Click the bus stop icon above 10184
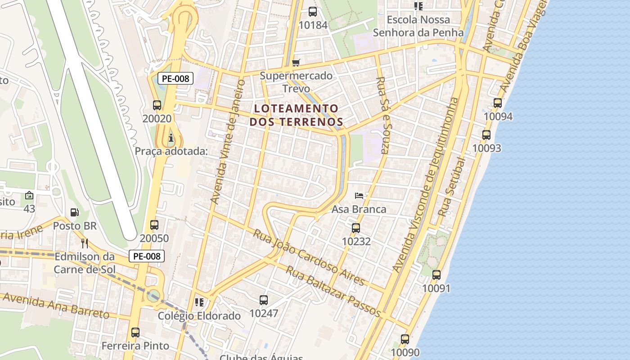[312, 11]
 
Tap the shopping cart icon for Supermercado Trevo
[296, 63]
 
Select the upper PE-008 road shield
[175, 78]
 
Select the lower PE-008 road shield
[147, 256]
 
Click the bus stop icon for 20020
[157, 105]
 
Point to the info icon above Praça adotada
[171, 138]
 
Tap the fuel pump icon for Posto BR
[75, 212]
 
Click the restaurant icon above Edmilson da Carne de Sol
[84, 243]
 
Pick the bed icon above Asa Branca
[359, 196]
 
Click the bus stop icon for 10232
[355, 228]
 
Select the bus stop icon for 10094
[497, 103]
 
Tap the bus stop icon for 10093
[486, 135]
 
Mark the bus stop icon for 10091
[436, 274]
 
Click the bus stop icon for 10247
[264, 300]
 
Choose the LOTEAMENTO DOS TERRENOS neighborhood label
[296, 115]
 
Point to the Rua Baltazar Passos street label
[333, 291]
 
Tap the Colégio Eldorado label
[199, 316]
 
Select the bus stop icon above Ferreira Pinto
[135, 333]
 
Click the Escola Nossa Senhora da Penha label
[418, 26]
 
